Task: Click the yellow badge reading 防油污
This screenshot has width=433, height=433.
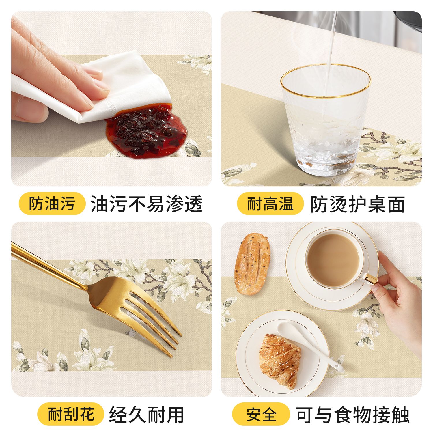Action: point(52,204)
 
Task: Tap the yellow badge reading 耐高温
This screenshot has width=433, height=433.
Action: point(270,204)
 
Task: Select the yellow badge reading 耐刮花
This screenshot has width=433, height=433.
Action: point(70,414)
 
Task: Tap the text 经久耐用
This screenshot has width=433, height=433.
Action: point(146,415)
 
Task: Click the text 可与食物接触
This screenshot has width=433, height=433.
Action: point(352,415)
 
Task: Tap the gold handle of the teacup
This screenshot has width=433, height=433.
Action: point(371,279)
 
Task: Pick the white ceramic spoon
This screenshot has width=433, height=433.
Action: point(309,346)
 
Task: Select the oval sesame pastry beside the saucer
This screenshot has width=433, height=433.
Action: point(252,264)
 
